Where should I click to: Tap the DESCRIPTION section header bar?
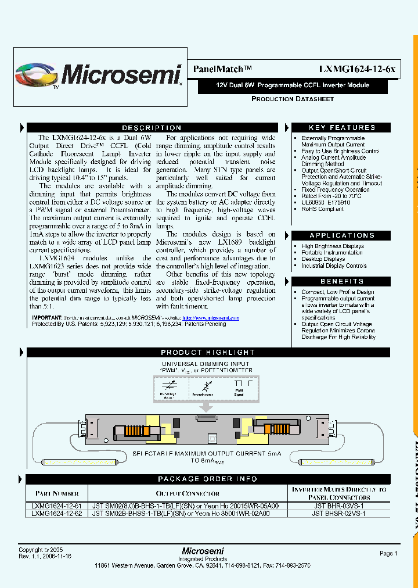152,128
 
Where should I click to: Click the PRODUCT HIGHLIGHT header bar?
208,353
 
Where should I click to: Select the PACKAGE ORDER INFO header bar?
208,479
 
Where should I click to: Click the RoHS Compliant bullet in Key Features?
322,209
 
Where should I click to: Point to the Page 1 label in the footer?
388,554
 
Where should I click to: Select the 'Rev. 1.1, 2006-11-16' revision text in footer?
45,556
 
